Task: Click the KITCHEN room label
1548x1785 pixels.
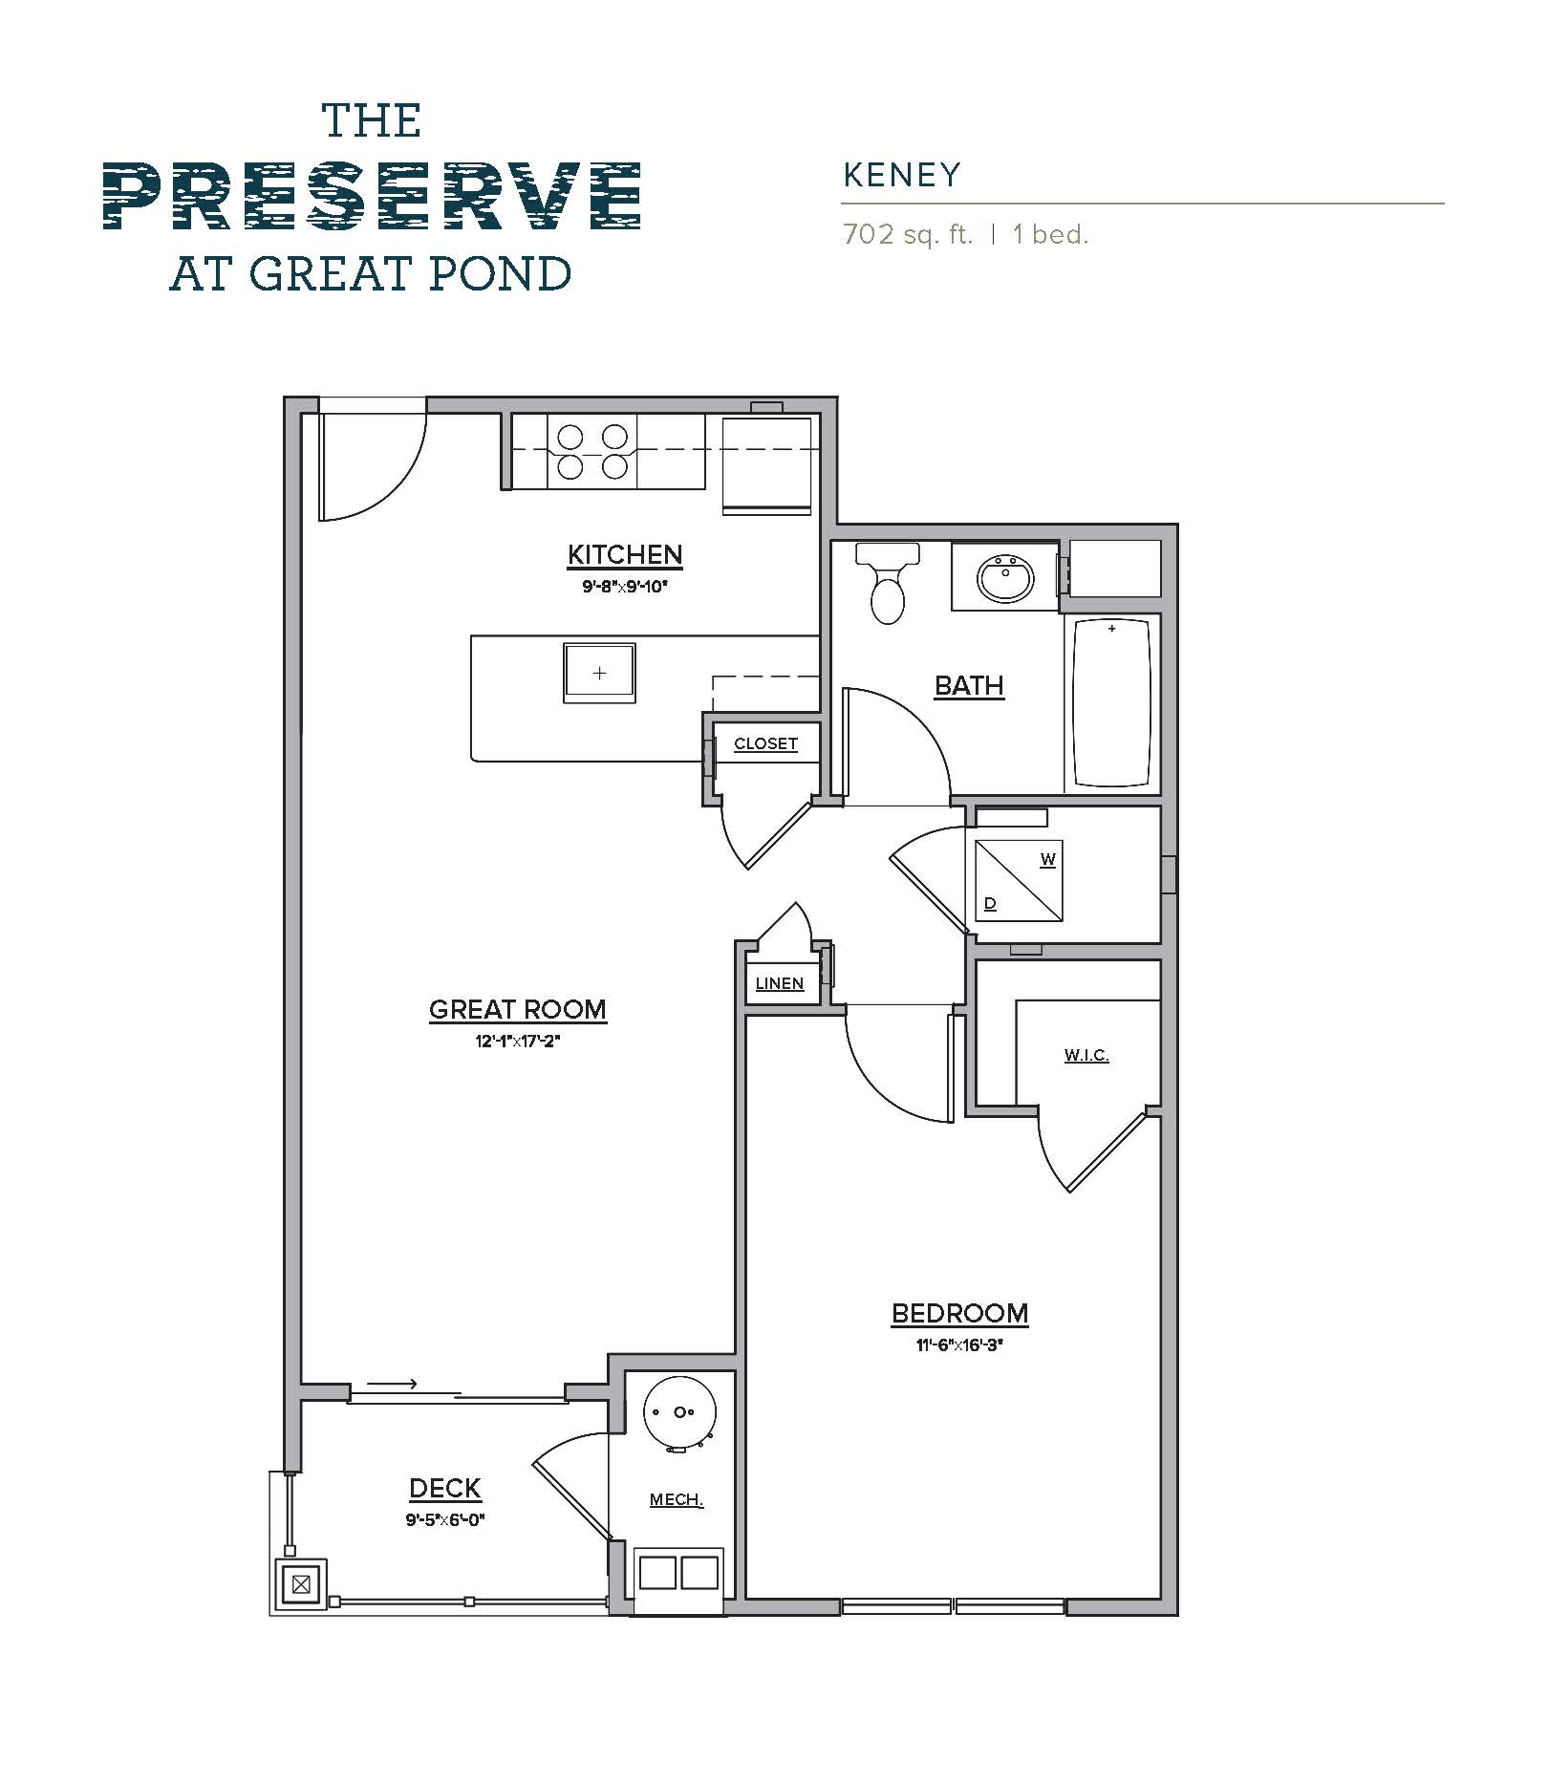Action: [625, 554]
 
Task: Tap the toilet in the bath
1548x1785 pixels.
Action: [888, 587]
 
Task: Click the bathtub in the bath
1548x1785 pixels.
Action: [1111, 703]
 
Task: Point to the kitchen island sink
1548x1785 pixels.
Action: [599, 673]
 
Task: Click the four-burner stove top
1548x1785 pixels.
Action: [592, 452]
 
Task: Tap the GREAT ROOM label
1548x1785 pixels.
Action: [517, 1009]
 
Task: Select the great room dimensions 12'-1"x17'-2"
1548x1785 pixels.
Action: [517, 1042]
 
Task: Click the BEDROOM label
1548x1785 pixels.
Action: [959, 1313]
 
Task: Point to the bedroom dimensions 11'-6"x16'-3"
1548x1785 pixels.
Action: [959, 1345]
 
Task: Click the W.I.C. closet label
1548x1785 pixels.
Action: [1086, 1055]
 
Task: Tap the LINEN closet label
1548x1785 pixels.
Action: [779, 983]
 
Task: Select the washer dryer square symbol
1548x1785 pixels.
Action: [1019, 881]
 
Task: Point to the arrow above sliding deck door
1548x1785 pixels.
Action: [392, 1384]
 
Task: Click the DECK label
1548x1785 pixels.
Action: [444, 1488]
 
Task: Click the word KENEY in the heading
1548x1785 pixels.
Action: [901, 175]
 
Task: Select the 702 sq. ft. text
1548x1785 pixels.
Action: [908, 234]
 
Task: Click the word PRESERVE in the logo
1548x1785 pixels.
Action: [372, 197]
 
